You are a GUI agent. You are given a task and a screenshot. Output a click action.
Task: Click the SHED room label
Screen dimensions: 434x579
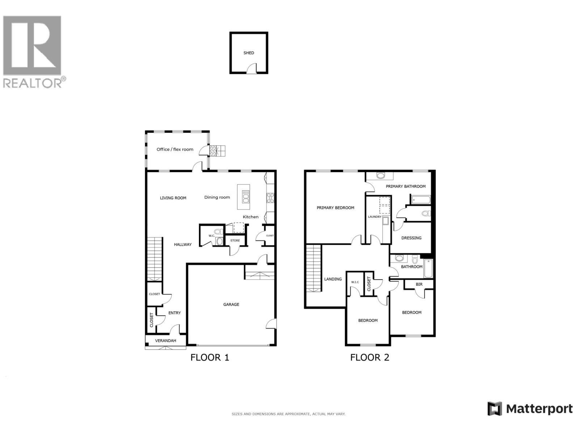coord(249,53)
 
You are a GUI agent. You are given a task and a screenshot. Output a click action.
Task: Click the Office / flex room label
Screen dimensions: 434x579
coord(175,149)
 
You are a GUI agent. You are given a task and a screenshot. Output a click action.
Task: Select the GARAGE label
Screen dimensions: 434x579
coord(231,305)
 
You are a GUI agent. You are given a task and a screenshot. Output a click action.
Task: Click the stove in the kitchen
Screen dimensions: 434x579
coord(270,197)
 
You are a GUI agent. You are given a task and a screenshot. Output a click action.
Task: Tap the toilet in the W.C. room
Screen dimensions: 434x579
coord(218,232)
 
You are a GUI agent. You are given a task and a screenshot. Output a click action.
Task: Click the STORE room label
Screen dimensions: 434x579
coord(235,241)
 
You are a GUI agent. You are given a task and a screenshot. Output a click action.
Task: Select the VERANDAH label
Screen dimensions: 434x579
coord(165,341)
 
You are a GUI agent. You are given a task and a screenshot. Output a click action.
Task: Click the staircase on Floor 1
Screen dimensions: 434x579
coord(154,259)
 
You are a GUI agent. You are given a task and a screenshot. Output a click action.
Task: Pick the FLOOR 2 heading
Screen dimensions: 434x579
coord(369,357)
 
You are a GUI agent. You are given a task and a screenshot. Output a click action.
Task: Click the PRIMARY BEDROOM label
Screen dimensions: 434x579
coord(335,208)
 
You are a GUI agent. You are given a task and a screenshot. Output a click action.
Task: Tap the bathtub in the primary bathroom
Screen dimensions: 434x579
coord(420,200)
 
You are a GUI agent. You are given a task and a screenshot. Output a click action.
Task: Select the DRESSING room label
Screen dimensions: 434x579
coord(411,238)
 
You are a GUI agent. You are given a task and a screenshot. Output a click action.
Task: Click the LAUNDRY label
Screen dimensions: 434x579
coord(375,217)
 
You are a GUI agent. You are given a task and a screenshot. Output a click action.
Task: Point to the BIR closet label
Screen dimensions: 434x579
coord(419,284)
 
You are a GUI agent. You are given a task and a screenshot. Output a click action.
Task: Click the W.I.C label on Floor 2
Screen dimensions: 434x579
coord(355,282)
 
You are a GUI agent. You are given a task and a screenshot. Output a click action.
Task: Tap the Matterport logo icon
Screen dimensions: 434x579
coord(494,409)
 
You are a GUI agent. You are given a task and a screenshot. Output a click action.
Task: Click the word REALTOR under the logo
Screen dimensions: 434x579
coord(33,83)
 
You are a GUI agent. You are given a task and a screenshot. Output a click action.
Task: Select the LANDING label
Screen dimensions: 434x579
coord(333,279)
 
